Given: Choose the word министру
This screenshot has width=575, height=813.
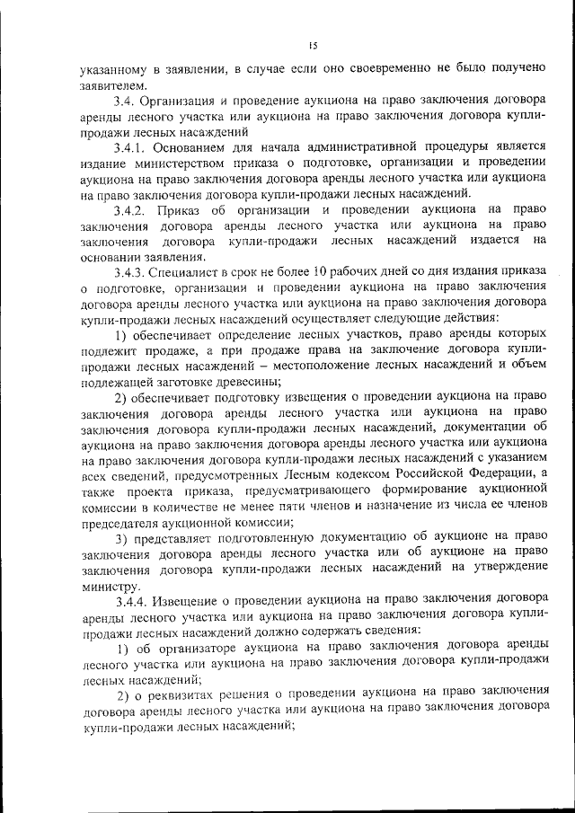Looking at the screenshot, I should coord(109,581).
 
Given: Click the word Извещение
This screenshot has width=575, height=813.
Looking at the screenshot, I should coord(196,597).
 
